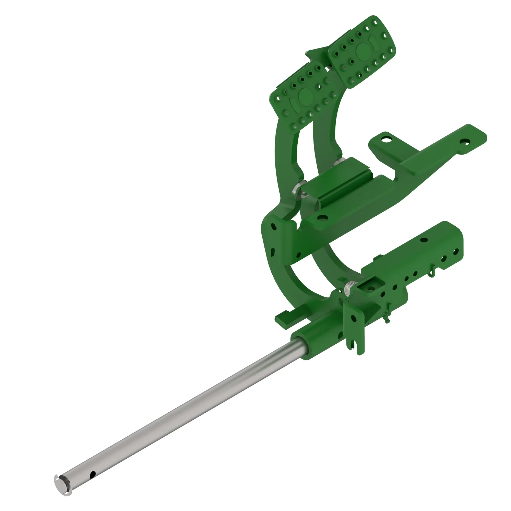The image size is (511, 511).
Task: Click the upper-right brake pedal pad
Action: click(x=362, y=52)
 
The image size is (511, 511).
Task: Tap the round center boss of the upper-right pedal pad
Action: click(x=364, y=51)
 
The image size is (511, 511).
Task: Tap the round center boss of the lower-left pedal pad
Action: click(x=306, y=96)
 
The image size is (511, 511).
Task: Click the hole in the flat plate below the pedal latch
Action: click(x=322, y=218)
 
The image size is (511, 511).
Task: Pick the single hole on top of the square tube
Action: click(x=424, y=240)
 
